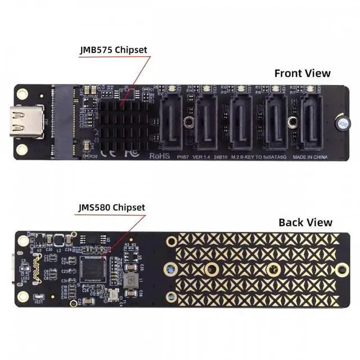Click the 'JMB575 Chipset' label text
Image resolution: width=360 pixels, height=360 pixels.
point(113,49)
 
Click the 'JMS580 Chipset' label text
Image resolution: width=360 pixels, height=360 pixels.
point(111,208)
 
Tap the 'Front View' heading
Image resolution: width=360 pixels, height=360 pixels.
point(302,73)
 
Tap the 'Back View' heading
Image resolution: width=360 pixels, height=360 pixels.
point(305,222)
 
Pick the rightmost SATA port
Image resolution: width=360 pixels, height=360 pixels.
point(311,120)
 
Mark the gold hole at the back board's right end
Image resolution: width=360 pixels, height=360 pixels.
point(341,269)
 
